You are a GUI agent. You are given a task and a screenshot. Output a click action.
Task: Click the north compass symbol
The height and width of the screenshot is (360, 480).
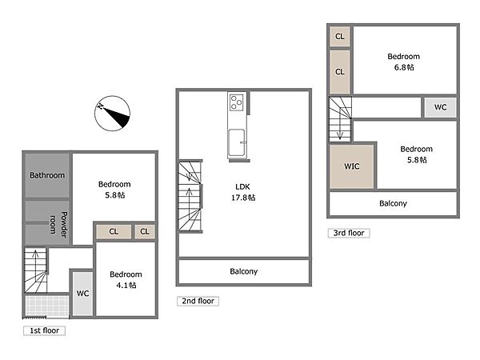pos(112,114)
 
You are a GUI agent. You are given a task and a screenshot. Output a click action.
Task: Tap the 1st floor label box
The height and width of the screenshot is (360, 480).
pos(44,330)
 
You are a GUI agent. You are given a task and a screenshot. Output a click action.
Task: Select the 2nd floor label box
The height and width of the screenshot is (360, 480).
pos(198,302)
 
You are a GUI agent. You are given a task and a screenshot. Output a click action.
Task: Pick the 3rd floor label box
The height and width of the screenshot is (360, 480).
pos(349,234)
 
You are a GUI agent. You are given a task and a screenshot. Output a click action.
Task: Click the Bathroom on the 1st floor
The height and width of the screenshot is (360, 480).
pos(47,175)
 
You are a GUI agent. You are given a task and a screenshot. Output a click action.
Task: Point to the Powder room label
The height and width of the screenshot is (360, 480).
pos(58,224)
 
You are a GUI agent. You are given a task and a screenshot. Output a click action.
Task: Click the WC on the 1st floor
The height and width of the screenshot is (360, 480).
pos(82,294)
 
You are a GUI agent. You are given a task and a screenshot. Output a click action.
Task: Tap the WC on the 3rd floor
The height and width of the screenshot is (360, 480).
pos(440,107)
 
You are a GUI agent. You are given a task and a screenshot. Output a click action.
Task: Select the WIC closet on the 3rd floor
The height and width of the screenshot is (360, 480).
pos(352,166)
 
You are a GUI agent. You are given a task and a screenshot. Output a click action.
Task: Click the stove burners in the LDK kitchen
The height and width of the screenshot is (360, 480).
pos(237,102)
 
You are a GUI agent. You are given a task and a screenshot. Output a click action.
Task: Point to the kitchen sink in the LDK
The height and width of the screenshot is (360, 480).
pos(237,142)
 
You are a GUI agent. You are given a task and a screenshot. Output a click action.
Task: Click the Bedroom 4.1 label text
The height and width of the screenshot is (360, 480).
pos(126,280)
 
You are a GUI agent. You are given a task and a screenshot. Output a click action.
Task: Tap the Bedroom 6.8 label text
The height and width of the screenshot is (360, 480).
pos(404,62)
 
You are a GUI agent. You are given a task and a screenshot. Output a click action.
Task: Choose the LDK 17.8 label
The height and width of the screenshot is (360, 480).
pos(243,192)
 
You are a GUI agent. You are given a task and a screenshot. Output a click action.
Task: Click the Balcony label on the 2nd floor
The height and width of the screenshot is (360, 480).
pos(244,271)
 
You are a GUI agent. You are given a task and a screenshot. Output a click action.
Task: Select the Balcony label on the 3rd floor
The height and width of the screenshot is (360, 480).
pos(393,203)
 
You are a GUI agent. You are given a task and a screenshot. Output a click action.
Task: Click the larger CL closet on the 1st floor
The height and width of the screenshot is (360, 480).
pos(114,232)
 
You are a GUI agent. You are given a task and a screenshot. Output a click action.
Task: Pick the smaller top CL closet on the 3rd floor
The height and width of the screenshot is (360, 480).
pos(340,37)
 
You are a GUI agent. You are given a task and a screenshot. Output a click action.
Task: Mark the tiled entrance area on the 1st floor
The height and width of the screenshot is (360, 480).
pos(47,306)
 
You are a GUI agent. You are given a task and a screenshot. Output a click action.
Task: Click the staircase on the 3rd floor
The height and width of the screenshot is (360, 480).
pos(340,119)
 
